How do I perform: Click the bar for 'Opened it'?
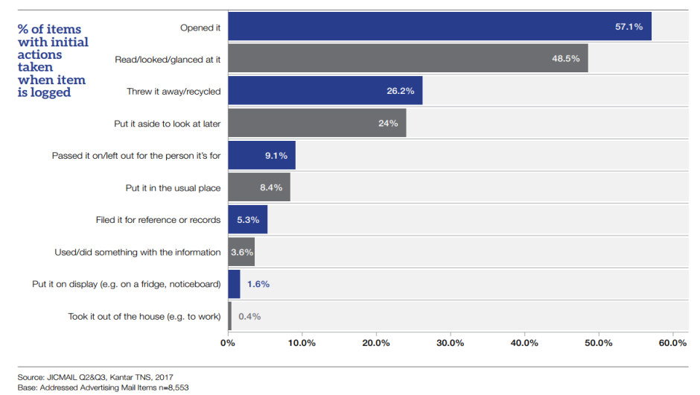(439, 26)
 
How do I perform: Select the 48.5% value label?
(566, 58)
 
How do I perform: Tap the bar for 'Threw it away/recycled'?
(325, 90)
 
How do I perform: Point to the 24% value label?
(388, 123)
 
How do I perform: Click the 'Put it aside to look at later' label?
(167, 124)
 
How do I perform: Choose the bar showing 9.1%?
(261, 155)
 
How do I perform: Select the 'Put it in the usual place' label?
(173, 188)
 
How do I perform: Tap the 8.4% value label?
(271, 188)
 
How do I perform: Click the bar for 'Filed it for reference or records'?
(247, 220)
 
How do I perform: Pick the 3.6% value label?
(242, 252)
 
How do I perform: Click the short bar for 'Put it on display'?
(234, 284)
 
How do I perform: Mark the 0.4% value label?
(249, 316)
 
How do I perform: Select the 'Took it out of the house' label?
(144, 317)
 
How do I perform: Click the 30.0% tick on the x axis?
(450, 343)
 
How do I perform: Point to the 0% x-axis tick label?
(228, 343)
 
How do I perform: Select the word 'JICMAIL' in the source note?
(66, 377)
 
